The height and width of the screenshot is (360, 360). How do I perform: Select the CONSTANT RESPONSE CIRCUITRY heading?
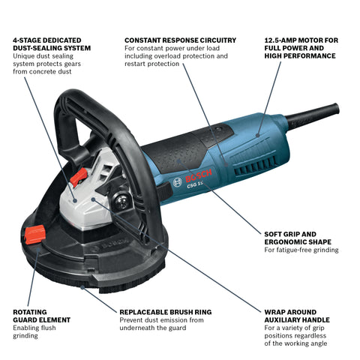[x=180, y=40]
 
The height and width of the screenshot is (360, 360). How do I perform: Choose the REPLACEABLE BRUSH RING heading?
[x=166, y=311]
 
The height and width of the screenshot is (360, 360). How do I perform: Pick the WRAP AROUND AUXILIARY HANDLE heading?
[x=300, y=315]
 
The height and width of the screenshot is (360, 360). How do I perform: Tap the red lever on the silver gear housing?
[x=77, y=178]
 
